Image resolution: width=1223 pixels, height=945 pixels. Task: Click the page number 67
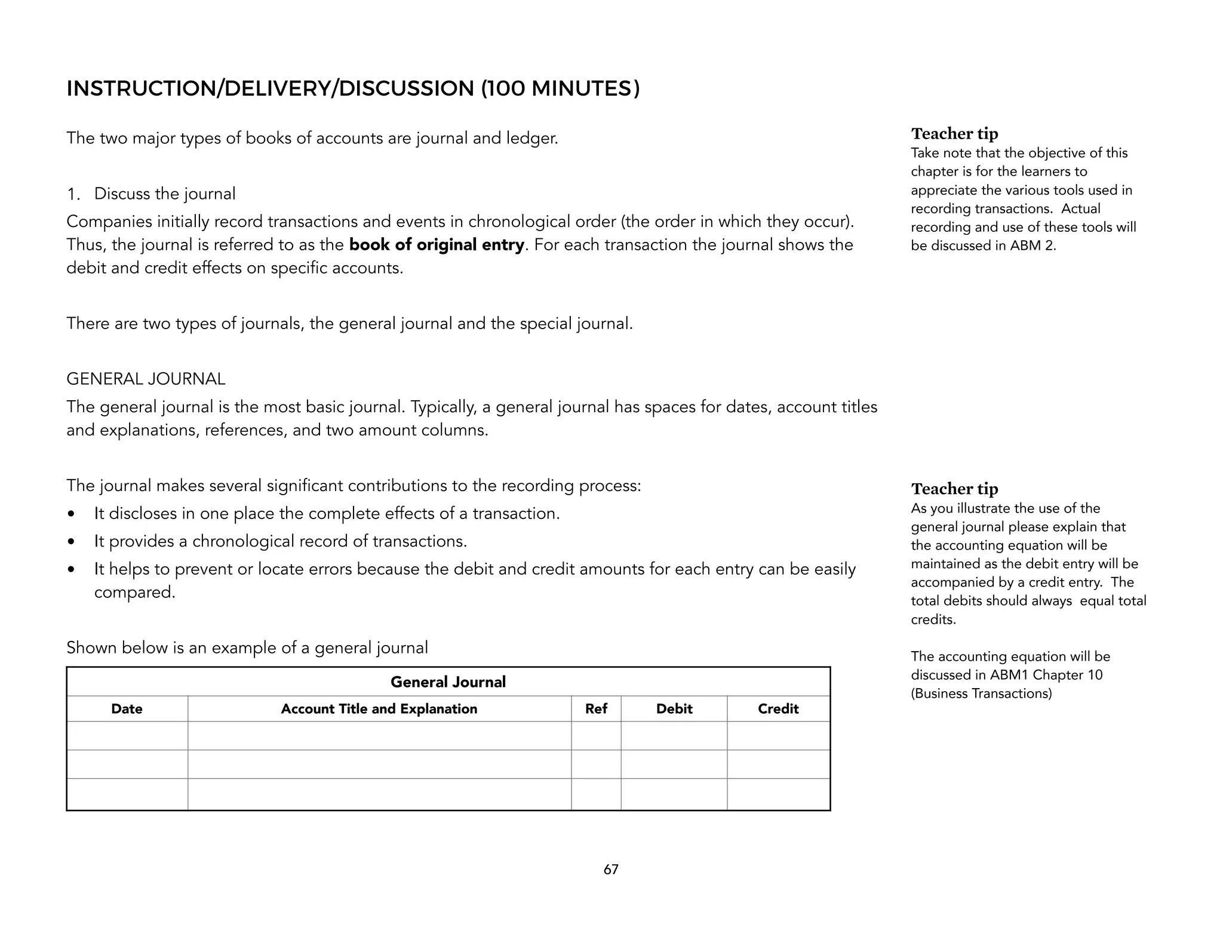[611, 870]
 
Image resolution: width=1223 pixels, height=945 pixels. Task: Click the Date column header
[127, 709]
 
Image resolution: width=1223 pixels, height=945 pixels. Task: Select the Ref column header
[596, 709]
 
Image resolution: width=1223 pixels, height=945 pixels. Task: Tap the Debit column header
[674, 709]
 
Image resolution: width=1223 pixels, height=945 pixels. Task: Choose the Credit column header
[778, 709]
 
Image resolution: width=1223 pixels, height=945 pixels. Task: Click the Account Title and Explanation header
[379, 709]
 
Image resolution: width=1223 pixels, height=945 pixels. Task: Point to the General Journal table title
[448, 682]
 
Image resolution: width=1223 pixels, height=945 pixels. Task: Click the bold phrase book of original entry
[437, 245]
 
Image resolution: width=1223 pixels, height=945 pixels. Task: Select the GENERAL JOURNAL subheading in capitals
[146, 379]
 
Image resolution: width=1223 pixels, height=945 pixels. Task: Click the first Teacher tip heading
[954, 134]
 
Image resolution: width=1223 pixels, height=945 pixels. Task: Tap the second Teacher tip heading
[954, 489]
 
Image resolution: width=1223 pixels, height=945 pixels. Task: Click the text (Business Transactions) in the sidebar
[981, 694]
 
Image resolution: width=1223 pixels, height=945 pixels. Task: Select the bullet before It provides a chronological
[72, 542]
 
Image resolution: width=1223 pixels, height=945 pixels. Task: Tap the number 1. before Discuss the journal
[73, 195]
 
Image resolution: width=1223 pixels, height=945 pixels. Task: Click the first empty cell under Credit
[778, 736]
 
